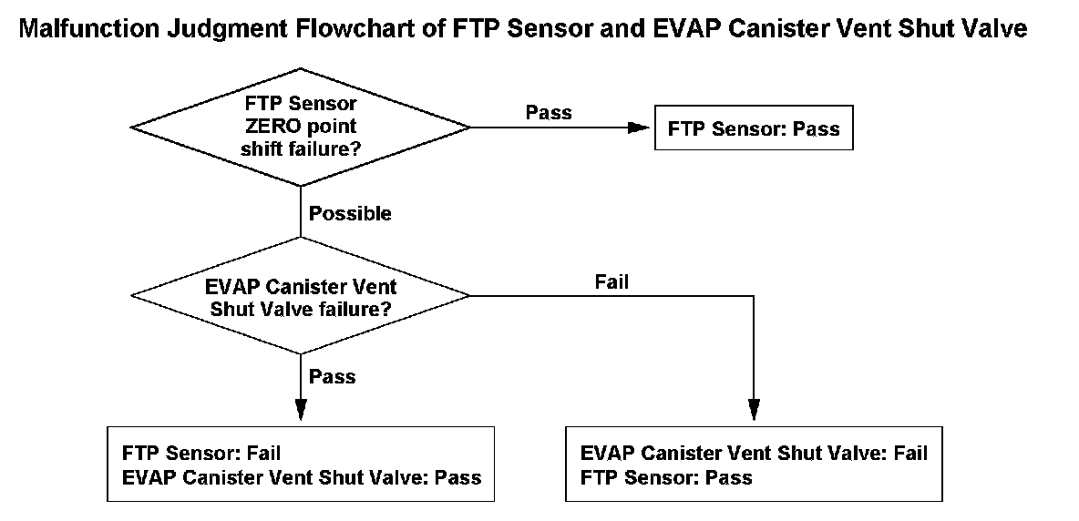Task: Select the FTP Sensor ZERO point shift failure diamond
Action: (301, 128)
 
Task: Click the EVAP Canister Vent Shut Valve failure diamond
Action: (301, 295)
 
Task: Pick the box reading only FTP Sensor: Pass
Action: (754, 128)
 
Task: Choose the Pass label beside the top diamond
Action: (549, 112)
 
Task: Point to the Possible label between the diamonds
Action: (350, 214)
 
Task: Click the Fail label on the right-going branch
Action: (611, 281)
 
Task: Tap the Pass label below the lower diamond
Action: (332, 377)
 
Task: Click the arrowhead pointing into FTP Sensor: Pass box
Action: (639, 128)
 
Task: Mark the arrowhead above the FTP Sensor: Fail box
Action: (301, 409)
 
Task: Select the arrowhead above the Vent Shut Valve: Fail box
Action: (754, 409)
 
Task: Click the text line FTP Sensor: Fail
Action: (201, 454)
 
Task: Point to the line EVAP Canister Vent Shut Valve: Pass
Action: (302, 477)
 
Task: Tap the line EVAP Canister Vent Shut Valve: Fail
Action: (754, 454)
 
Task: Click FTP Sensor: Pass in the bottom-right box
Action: (666, 477)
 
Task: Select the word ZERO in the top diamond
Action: (265, 127)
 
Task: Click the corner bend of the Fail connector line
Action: (754, 295)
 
